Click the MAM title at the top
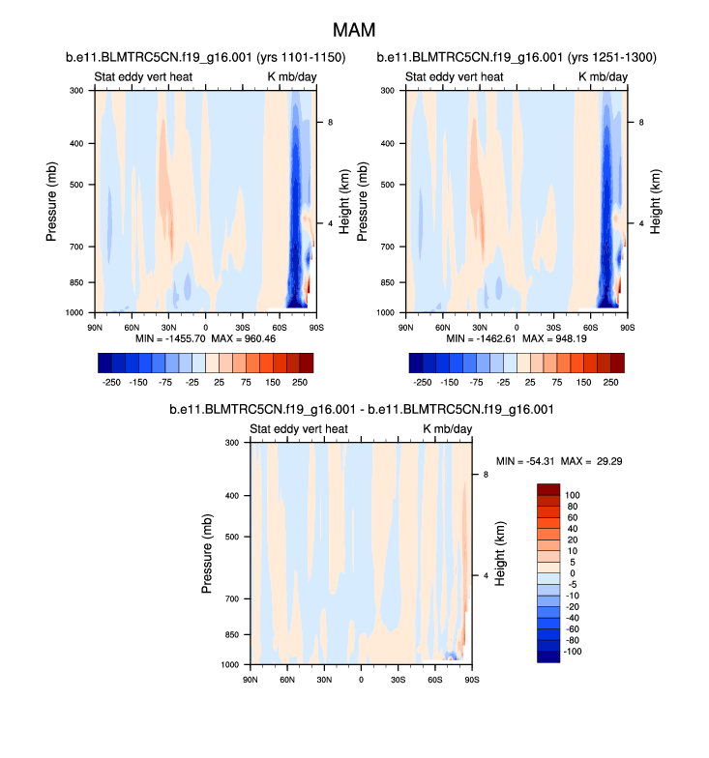click(x=354, y=31)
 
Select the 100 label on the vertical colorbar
click(x=574, y=494)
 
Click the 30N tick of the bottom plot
click(x=323, y=680)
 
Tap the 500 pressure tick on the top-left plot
click(x=76, y=184)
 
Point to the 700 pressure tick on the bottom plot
click(x=230, y=599)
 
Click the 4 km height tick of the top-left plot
click(x=331, y=223)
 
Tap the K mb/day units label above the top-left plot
click(x=292, y=76)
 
